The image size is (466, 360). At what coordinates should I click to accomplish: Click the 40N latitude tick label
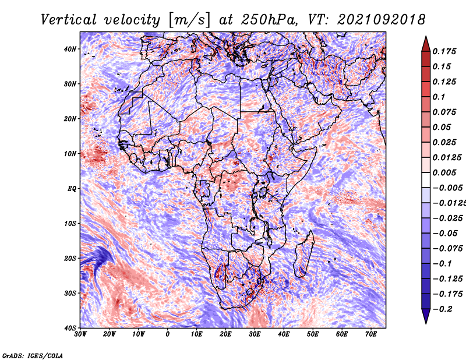[x=69, y=49]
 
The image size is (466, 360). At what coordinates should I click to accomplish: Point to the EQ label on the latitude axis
[x=72, y=189]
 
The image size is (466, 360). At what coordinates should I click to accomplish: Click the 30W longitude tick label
[x=80, y=334]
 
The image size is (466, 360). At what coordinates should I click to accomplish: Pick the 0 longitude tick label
[x=168, y=334]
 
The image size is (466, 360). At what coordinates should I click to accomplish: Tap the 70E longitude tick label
[x=371, y=334]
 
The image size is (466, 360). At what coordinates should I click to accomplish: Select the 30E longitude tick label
[x=255, y=334]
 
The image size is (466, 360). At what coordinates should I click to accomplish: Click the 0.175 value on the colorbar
[x=444, y=51]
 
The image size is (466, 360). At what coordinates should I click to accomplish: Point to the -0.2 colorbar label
[x=443, y=309]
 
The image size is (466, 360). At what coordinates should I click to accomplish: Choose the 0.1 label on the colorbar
[x=439, y=97]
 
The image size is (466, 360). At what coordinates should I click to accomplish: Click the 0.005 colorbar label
[x=444, y=172]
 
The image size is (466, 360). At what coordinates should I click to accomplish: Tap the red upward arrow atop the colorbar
[x=426, y=44]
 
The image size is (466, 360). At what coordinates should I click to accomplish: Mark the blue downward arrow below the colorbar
[x=426, y=316]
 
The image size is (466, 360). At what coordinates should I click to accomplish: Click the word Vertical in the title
[x=69, y=20]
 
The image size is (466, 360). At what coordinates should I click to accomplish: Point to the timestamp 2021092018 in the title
[x=382, y=20]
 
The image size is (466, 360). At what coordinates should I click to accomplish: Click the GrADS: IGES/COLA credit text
[x=33, y=356]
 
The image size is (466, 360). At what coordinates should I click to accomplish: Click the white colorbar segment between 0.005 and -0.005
[x=426, y=180]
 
